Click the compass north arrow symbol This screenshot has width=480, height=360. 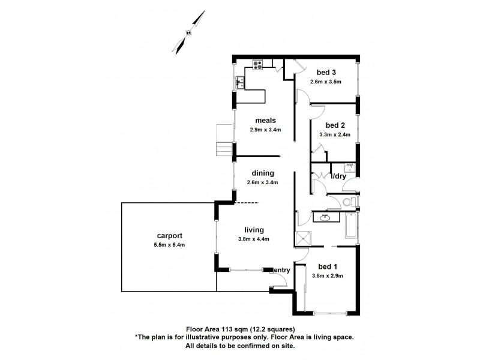tap(189, 35)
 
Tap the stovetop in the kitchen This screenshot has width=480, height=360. tap(259, 64)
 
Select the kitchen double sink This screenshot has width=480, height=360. tap(240, 82)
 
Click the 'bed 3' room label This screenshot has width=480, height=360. tap(326, 73)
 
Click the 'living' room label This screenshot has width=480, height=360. tap(254, 230)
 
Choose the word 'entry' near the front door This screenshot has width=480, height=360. tap(281, 271)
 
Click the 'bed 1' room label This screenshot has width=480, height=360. tap(328, 266)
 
